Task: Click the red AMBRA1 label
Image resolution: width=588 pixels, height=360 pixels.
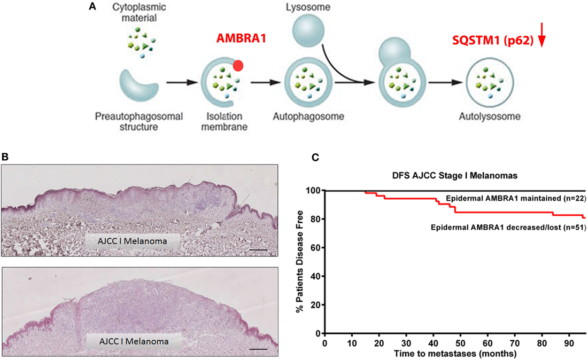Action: [242, 39]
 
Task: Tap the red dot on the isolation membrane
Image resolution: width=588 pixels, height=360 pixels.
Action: [239, 66]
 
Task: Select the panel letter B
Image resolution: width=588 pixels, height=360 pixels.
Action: [5, 158]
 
